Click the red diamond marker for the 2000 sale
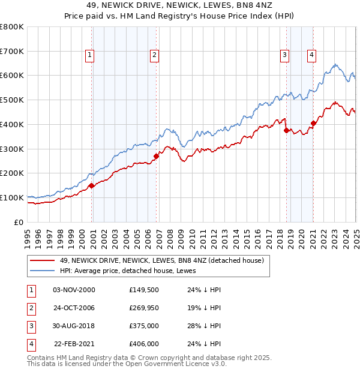tap(91, 186)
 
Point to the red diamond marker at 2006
tap(156, 157)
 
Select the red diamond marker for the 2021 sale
tap(313, 124)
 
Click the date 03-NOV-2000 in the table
tap(74, 290)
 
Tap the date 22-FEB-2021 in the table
tap(74, 344)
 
